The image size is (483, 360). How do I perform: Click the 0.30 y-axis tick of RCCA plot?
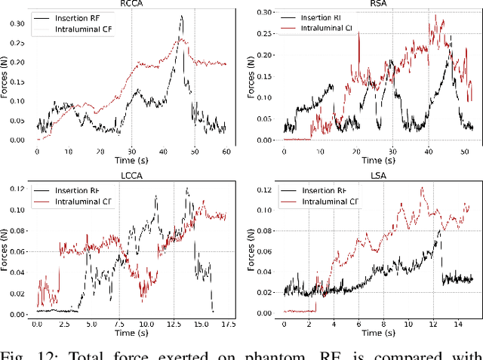click(x=16, y=23)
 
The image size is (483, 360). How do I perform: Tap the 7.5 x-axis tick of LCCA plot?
click(x=118, y=325)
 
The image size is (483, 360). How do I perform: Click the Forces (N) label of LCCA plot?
click(x=5, y=253)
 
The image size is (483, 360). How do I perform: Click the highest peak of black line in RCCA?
click(x=181, y=16)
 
